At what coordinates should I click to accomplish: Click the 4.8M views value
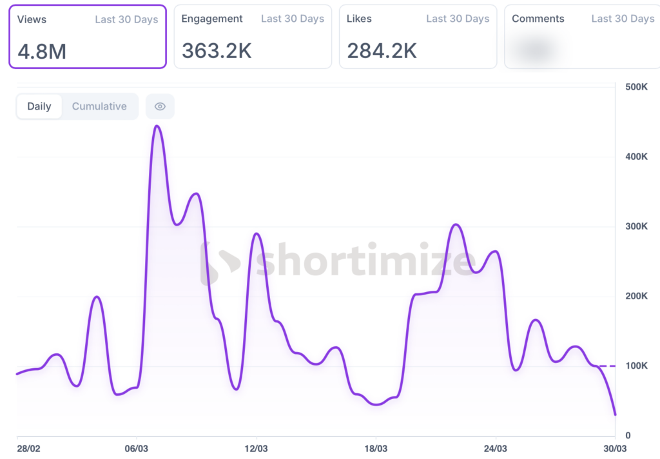pos(42,51)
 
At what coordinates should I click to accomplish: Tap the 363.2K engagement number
pos(217,50)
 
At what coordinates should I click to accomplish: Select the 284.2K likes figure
pos(382,50)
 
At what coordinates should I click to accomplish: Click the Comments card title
pos(538,19)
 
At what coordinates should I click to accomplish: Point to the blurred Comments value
pos(538,50)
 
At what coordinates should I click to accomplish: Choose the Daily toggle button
pos(39,106)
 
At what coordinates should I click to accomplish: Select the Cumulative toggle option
pos(99,106)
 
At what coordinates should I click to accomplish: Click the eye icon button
pos(160,106)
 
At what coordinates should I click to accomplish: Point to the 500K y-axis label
pos(636,87)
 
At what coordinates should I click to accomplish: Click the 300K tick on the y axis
pos(636,226)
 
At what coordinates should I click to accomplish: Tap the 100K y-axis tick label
pos(636,366)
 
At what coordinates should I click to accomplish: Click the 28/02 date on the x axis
pos(28,448)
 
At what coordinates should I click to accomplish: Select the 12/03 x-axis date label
pos(257,448)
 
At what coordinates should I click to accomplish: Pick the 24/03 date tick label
pos(495,448)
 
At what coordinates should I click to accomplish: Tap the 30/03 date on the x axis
pos(614,448)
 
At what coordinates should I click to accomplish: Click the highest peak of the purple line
pos(157,126)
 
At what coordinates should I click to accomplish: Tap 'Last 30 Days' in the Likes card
pos(458,19)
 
